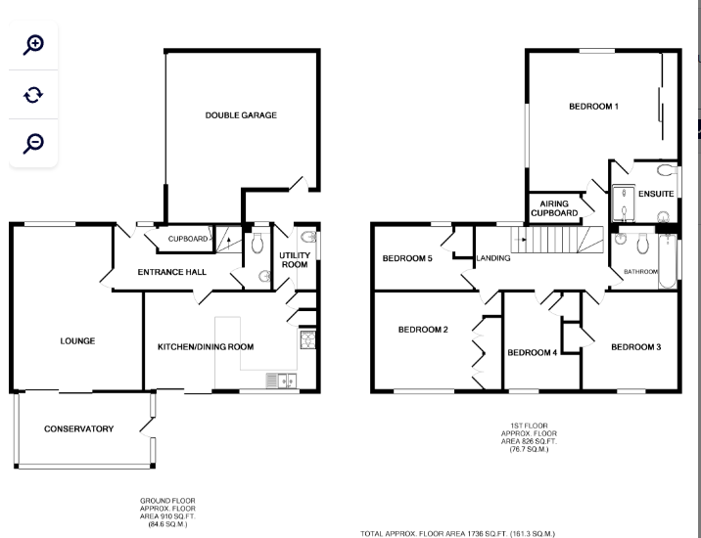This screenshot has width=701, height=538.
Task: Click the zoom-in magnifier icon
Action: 34,44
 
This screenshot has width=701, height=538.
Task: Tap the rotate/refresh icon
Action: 34,94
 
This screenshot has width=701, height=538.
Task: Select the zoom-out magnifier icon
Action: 34,143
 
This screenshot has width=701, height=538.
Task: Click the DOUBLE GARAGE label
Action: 241,115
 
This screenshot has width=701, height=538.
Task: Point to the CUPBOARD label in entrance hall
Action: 187,239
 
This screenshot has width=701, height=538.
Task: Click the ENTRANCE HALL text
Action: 171,272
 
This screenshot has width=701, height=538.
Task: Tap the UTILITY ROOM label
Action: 294,259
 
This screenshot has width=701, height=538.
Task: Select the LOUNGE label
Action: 77,341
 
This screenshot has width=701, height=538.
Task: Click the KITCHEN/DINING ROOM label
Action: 206,346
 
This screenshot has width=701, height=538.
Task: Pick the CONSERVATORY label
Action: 78,428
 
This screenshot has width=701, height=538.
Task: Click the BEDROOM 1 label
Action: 593,106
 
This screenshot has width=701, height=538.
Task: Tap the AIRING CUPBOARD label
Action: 554,207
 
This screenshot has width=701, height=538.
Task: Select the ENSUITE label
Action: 655,194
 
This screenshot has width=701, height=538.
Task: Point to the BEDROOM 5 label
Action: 406,258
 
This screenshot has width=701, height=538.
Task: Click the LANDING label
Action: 491,258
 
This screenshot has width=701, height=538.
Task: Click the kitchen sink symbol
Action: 285,381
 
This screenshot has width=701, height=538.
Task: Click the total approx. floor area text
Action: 458,533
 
